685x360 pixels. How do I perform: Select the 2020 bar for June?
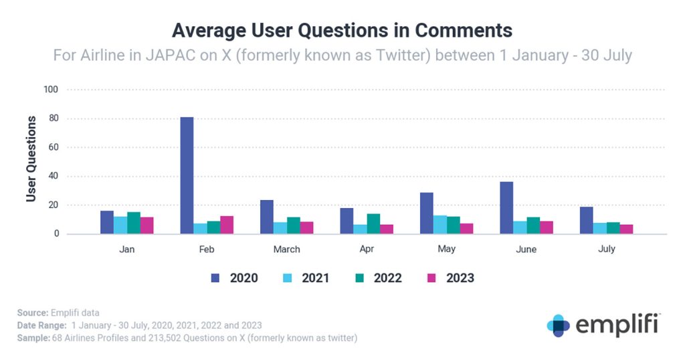[506, 208]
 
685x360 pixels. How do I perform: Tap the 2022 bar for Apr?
[373, 223]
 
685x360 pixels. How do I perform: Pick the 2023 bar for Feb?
[227, 225]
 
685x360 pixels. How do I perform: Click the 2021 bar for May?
[439, 225]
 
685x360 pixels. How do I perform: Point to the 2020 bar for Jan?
[107, 222]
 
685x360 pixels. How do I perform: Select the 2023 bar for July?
[626, 229]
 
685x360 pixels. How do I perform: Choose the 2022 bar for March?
[294, 226]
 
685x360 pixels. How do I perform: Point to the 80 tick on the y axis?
[52, 118]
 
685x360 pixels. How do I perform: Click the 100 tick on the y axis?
[50, 90]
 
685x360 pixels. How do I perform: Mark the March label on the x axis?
[287, 250]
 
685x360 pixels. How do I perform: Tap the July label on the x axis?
[607, 249]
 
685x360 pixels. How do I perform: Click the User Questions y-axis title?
[31, 159]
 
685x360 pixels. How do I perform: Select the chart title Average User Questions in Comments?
[342, 30]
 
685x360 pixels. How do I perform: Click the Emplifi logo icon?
[558, 325]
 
